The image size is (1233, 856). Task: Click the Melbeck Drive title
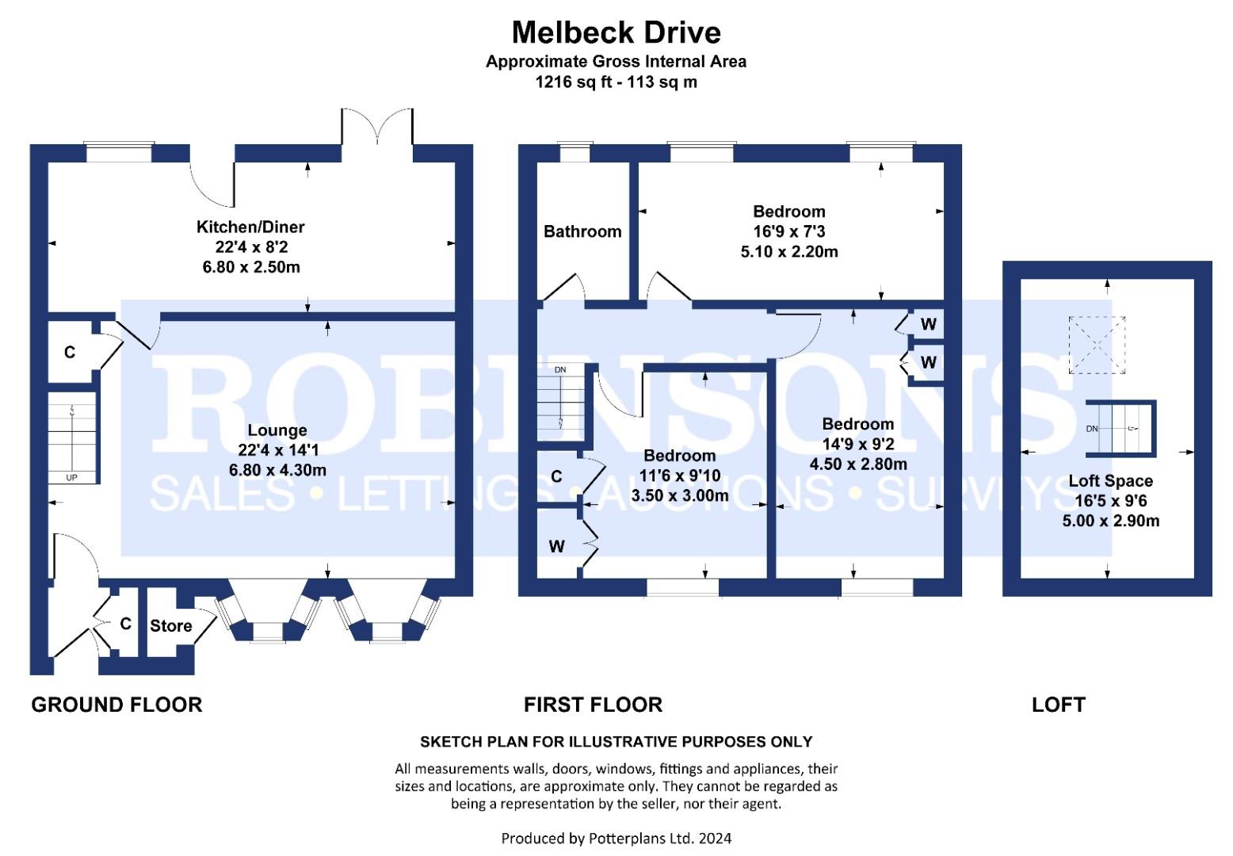(x=616, y=32)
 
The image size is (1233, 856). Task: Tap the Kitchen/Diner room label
(x=250, y=227)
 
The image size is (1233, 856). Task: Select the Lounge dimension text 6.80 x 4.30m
(x=277, y=470)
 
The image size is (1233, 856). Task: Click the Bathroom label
(x=582, y=231)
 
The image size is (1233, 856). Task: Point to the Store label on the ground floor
(x=171, y=626)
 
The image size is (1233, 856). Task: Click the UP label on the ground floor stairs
(x=72, y=478)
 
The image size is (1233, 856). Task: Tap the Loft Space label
(x=1110, y=480)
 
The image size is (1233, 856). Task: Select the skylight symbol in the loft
(x=1097, y=345)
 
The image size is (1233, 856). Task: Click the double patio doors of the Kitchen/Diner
(x=377, y=127)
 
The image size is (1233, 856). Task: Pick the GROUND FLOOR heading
(x=116, y=705)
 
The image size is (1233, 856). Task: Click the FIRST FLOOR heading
(x=593, y=705)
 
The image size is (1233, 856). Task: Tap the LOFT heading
(x=1058, y=705)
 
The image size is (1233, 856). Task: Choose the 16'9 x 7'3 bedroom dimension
(x=788, y=231)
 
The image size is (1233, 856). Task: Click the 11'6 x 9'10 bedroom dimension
(x=679, y=476)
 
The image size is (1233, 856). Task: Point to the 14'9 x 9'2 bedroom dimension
(x=858, y=444)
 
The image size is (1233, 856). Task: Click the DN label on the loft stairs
(x=1092, y=429)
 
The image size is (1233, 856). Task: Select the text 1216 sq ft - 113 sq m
(x=616, y=82)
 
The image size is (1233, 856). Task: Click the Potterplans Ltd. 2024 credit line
(x=616, y=838)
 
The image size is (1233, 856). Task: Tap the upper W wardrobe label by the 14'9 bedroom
(x=929, y=324)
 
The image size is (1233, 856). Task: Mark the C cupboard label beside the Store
(x=125, y=625)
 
